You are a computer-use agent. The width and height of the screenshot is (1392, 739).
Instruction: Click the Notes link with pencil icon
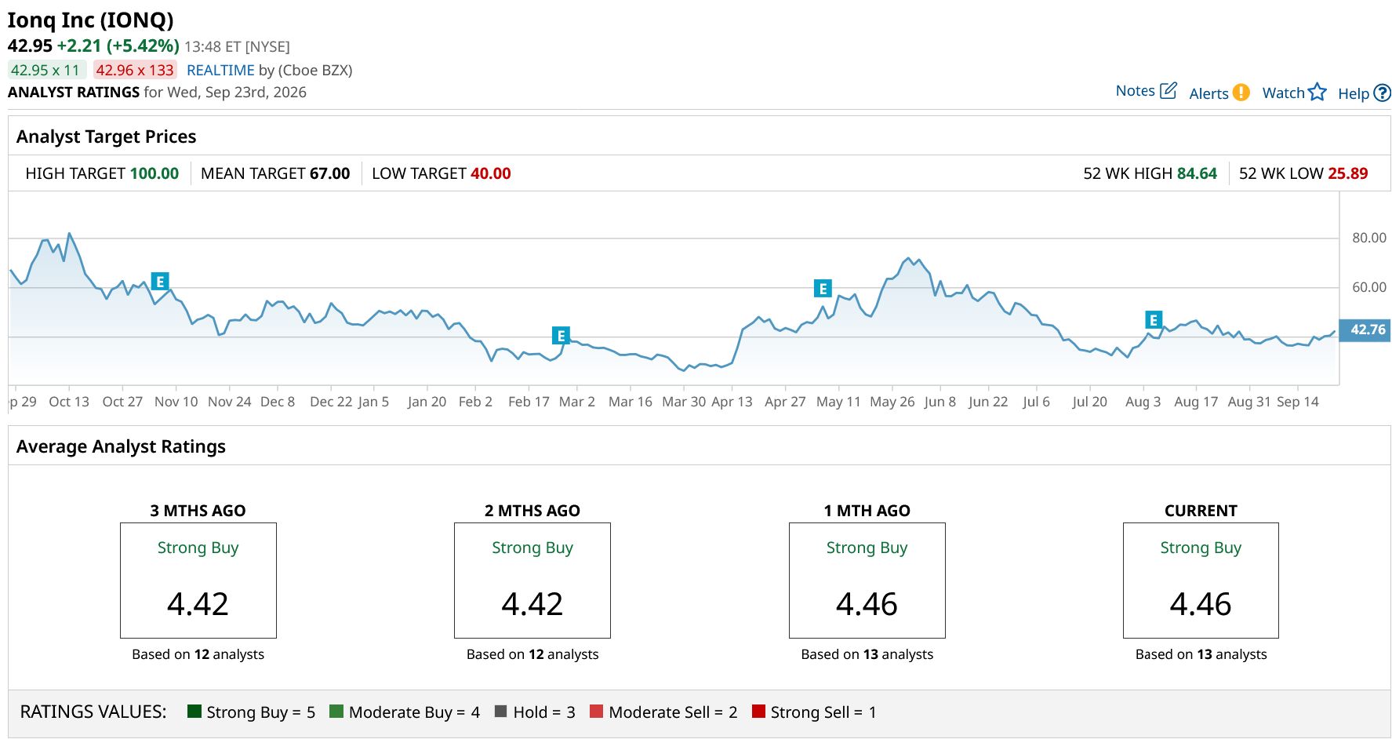tap(1146, 91)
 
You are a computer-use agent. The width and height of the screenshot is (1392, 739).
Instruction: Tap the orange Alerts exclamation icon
tap(1241, 93)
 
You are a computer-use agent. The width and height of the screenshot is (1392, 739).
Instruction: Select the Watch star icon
tap(1317, 93)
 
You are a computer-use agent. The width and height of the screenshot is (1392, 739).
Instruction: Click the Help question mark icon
tap(1383, 93)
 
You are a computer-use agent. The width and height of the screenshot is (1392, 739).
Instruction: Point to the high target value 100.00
tap(154, 173)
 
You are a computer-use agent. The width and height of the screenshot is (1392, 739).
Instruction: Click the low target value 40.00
tap(491, 173)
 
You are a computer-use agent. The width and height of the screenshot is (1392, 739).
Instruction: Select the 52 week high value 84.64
tap(1197, 173)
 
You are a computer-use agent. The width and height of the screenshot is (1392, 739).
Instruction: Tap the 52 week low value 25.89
tap(1347, 173)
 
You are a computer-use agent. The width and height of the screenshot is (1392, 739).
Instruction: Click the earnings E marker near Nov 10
tap(160, 282)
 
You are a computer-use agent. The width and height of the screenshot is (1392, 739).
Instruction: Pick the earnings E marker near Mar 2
tap(561, 336)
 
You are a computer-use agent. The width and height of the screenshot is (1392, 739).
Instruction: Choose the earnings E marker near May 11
tap(823, 289)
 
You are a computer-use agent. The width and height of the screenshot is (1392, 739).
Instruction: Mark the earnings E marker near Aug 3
tap(1153, 320)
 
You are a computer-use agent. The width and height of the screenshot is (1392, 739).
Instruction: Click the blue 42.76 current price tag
tap(1365, 330)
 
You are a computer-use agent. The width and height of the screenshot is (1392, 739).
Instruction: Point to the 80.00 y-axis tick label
tap(1369, 238)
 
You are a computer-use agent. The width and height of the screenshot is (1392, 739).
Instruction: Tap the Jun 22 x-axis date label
tap(988, 402)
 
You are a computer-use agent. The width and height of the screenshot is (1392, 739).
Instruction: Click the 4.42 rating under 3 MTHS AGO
tap(198, 604)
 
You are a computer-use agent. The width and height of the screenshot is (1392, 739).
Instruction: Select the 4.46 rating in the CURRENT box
tap(1201, 604)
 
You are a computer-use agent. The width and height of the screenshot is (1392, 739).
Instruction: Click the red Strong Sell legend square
tap(758, 712)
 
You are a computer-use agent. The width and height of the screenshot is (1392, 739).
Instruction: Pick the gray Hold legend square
tap(501, 712)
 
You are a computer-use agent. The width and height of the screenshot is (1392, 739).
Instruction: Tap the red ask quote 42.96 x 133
tap(135, 70)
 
